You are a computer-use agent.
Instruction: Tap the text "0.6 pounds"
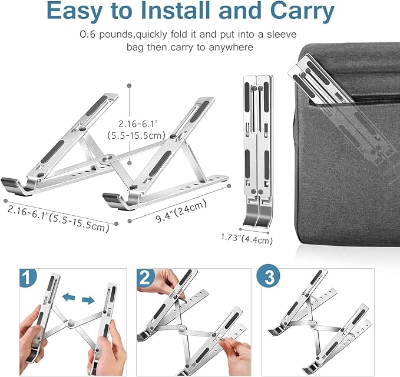tap(105, 35)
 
